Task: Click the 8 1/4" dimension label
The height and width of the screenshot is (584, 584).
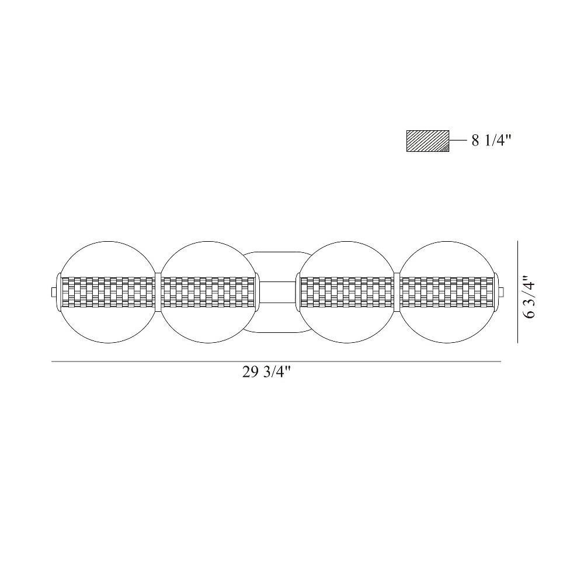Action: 492,141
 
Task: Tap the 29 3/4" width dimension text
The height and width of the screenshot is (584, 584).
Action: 266,372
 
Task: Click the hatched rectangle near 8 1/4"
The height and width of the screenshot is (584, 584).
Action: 427,141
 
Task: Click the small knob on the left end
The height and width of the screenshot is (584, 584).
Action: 54,292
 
